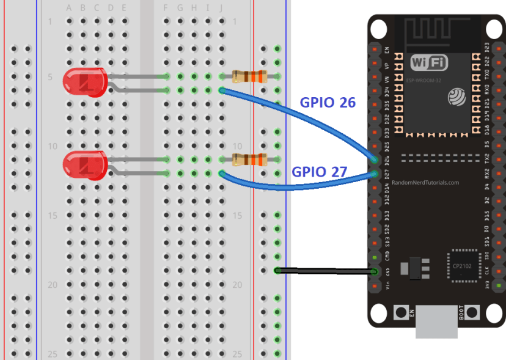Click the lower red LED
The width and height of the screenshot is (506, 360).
tap(84, 165)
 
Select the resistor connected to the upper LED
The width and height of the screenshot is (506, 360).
tap(249, 76)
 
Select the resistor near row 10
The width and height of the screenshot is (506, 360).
tap(249, 160)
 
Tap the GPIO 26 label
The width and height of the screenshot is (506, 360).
tap(328, 103)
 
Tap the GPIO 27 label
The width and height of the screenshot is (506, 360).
tap(319, 172)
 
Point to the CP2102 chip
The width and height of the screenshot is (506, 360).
tap(462, 266)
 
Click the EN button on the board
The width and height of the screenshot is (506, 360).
tap(402, 312)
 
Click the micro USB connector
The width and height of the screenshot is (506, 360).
tap(436, 322)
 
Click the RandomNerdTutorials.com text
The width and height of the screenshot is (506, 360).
tap(425, 182)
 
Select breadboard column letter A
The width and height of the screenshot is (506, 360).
tap(68, 8)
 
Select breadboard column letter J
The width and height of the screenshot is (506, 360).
tap(221, 8)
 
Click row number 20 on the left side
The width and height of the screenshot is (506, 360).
tap(52, 285)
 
